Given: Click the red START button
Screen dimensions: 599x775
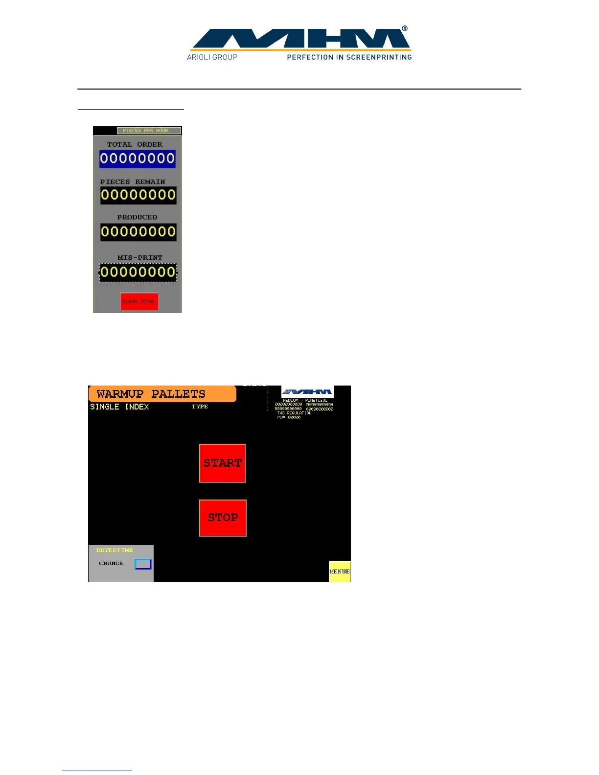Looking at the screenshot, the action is click(222, 463).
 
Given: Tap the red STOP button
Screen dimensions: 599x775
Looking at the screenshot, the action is click(223, 518).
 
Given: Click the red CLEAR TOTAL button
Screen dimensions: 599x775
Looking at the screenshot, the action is click(139, 301).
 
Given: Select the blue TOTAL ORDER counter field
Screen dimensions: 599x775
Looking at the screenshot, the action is click(138, 159).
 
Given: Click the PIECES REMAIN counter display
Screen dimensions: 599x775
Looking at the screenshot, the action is click(138, 195).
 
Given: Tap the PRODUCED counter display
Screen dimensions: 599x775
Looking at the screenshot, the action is click(138, 231).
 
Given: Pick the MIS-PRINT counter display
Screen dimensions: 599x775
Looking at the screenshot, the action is click(138, 272).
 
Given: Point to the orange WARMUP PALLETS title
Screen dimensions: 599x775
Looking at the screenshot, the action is click(162, 394).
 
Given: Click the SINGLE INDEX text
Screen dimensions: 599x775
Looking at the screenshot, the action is click(119, 407).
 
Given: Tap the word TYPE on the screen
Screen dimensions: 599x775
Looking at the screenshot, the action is click(200, 407).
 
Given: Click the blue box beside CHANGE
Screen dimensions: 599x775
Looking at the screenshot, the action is click(143, 564).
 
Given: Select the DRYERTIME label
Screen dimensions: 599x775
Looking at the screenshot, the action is click(115, 550).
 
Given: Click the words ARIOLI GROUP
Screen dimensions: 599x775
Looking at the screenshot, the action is click(212, 57).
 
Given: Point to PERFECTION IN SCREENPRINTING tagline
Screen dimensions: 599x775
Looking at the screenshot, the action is click(349, 57).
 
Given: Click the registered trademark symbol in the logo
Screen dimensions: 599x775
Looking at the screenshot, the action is click(405, 29).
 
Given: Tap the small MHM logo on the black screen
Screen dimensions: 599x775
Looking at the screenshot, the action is click(307, 391).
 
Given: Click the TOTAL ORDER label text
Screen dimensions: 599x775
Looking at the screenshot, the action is click(135, 144).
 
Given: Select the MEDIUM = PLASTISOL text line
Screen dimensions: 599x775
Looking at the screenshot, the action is click(305, 400).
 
